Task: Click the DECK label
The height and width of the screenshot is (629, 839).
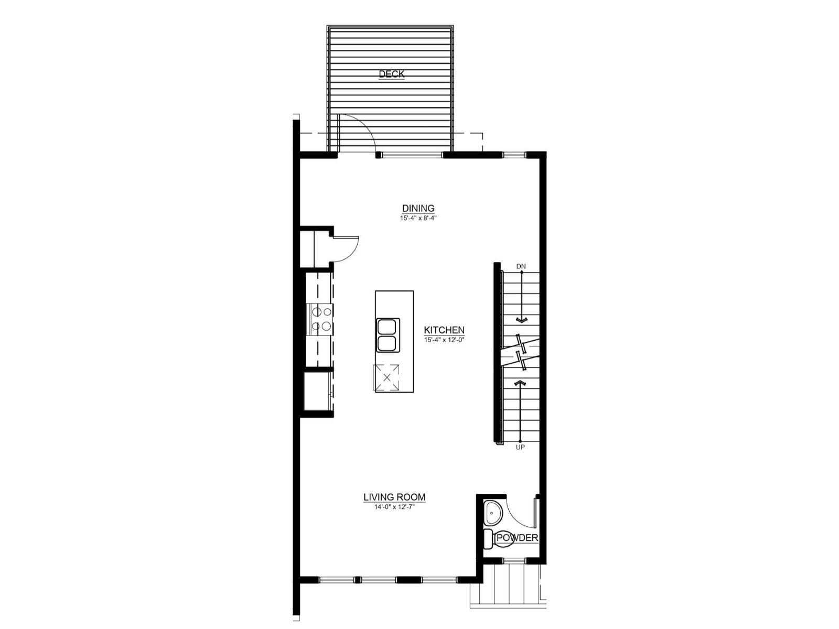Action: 392,74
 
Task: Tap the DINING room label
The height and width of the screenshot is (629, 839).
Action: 418,208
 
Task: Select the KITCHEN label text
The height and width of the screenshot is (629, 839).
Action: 444,330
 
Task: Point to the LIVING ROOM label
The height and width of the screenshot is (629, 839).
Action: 394,497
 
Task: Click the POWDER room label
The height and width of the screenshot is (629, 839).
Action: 517,538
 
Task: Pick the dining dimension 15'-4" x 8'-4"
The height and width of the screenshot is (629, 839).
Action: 418,218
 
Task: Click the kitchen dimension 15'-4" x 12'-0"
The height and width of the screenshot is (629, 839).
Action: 445,340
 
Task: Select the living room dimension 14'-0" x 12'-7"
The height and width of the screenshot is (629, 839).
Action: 394,506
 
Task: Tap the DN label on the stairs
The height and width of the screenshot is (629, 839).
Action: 521,266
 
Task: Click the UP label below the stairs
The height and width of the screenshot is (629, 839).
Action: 520,447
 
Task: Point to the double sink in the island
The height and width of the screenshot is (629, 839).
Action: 388,335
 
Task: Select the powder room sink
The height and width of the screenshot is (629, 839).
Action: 493,513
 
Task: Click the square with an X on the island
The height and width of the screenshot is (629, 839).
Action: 387,377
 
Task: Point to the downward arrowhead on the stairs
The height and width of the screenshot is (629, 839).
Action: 521,320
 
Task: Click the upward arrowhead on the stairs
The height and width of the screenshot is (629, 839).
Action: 520,384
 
